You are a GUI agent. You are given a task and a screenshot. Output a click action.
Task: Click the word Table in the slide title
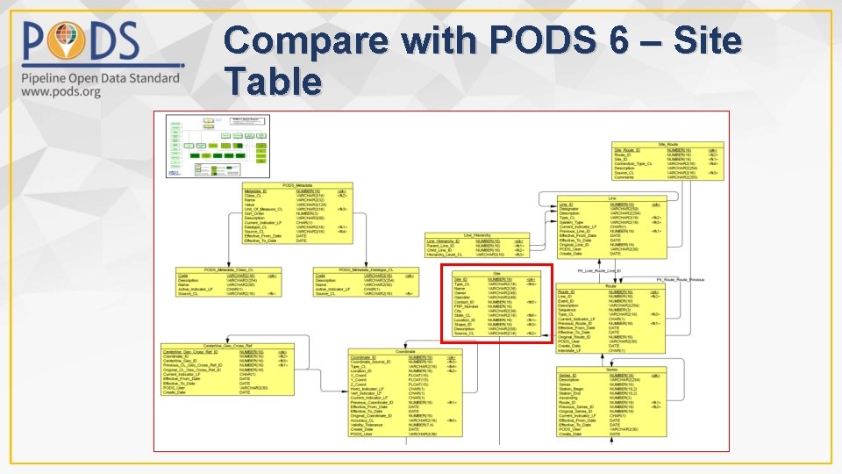click(x=273, y=82)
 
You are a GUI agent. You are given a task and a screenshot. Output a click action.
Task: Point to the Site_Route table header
click(x=667, y=144)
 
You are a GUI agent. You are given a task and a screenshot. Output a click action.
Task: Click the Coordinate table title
click(x=404, y=351)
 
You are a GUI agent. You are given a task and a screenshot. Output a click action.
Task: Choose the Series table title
click(x=611, y=370)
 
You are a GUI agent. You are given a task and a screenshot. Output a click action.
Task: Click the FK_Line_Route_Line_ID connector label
click(x=597, y=271)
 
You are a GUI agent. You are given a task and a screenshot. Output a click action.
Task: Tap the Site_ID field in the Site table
click(x=461, y=279)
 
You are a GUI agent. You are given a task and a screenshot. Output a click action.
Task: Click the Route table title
click(x=611, y=285)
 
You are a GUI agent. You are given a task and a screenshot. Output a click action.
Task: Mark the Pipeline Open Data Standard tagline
click(x=96, y=78)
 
